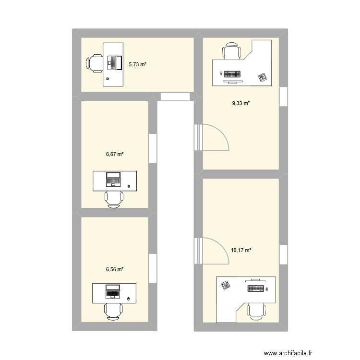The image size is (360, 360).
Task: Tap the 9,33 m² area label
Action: click(241, 103)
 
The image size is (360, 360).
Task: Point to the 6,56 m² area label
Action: click(115, 270)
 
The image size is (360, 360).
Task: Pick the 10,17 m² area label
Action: click(241, 250)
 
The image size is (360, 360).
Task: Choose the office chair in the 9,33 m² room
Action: click(231, 51)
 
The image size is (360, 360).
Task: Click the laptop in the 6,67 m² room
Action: click(114, 179)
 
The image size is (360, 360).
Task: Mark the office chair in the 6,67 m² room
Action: click(114, 199)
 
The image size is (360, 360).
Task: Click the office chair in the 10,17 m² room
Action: click(256, 311)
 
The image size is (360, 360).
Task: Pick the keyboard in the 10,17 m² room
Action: click(256, 288)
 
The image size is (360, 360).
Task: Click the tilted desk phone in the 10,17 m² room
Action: click(226, 286)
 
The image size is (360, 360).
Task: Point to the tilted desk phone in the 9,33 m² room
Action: click(262, 76)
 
